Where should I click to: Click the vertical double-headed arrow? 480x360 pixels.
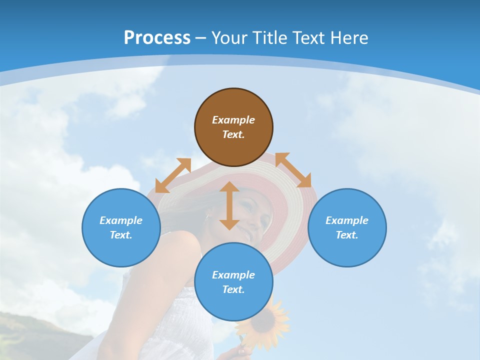229,205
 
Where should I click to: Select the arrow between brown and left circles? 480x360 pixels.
173,175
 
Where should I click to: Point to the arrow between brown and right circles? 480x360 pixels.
293,170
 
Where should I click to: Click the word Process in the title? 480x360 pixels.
157,37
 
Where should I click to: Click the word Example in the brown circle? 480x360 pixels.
233,120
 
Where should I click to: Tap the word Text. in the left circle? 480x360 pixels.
121,235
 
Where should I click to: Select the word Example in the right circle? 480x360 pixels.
347,220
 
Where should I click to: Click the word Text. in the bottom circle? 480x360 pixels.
233,289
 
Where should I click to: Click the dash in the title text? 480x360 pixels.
200,38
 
